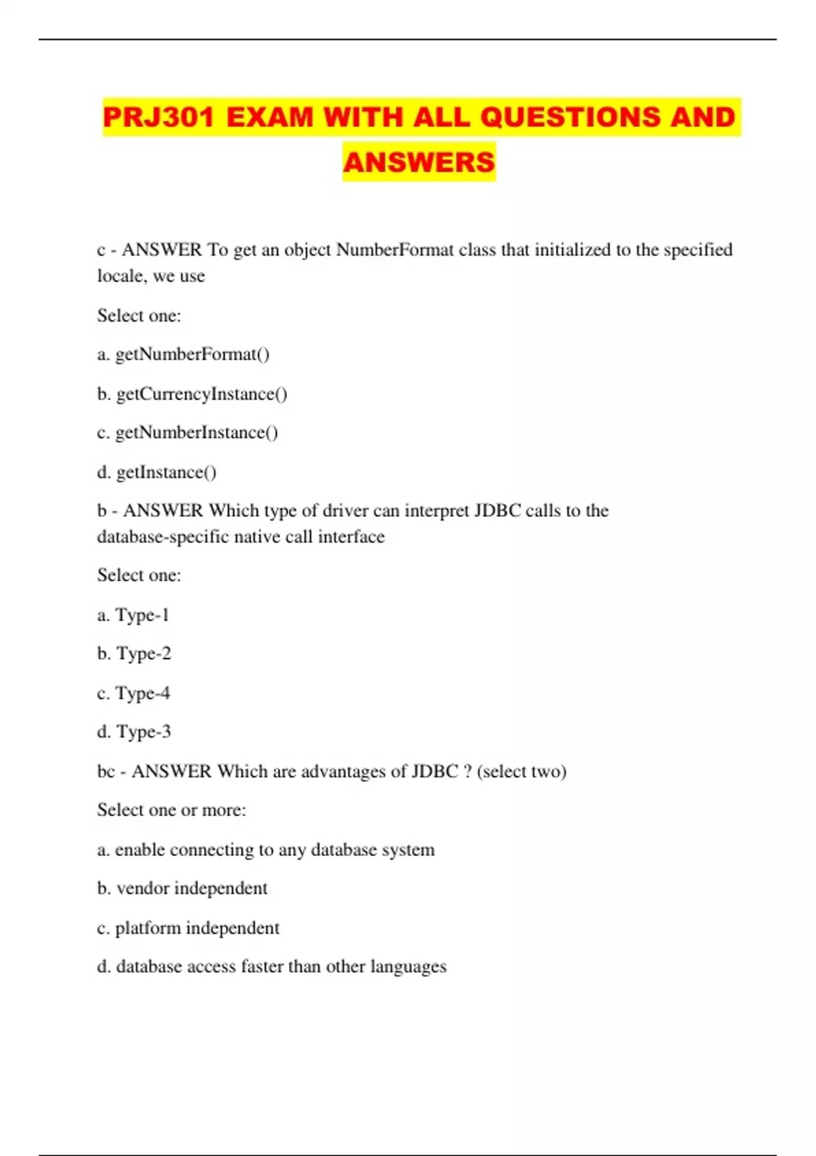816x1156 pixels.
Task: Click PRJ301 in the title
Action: tap(158, 117)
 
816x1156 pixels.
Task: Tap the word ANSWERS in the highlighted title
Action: tap(419, 162)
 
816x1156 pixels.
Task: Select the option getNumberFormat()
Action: tap(184, 354)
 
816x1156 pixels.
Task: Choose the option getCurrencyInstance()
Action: tap(192, 394)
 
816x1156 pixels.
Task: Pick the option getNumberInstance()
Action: tap(188, 432)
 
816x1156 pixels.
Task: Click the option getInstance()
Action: tap(157, 472)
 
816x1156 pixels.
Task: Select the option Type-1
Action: tap(133, 615)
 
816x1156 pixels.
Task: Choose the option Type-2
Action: tap(134, 653)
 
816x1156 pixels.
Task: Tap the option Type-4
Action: tap(133, 693)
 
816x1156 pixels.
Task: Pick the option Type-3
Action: tap(134, 732)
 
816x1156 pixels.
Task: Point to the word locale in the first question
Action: tap(120, 276)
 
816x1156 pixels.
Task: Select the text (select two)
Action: tap(522, 771)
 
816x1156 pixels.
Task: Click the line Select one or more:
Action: tap(171, 810)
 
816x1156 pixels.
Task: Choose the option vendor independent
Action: tap(182, 888)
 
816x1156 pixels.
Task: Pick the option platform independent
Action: tap(188, 928)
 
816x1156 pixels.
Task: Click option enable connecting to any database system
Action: tap(266, 849)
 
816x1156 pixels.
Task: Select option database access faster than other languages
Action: tap(272, 966)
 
